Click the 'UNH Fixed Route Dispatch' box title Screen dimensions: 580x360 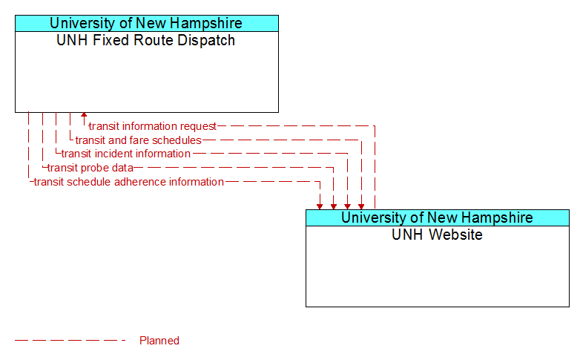145,40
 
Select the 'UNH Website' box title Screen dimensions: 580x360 437,235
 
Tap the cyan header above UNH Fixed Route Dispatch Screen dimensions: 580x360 147,23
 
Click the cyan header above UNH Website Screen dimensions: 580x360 438,217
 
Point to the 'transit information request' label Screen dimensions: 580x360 152,126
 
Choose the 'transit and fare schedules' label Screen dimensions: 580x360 139,140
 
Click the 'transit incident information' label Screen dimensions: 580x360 126,154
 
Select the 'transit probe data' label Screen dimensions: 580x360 90,168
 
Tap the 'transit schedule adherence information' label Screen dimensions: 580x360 129,182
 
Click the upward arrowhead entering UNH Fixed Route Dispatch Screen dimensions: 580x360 84,115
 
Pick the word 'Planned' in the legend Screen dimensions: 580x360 159,341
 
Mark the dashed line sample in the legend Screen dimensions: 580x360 70,340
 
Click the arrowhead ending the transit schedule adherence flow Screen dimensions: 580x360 320,206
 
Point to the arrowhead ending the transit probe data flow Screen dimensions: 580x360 334,206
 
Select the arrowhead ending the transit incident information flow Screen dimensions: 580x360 347,206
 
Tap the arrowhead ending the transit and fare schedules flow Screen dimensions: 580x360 361,206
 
